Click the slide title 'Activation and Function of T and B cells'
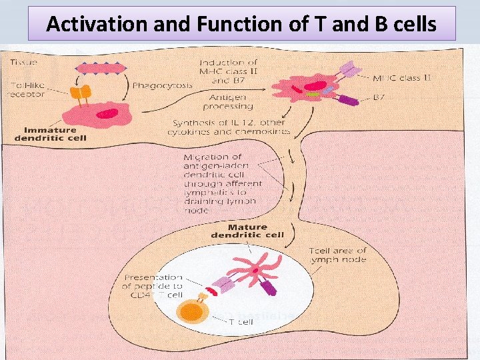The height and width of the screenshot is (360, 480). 242,24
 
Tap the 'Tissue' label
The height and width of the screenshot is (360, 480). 25,63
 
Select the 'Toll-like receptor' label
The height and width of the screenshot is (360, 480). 26,90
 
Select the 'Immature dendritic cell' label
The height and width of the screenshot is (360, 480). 51,134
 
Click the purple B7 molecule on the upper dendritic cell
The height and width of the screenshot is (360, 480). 347,101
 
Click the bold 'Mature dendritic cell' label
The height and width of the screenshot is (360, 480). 247,231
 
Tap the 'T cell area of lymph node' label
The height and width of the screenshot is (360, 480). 337,255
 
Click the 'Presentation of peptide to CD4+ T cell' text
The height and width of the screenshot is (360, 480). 152,286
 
